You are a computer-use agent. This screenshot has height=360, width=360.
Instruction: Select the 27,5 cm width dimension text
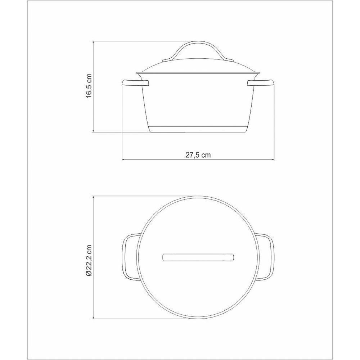tap(198, 155)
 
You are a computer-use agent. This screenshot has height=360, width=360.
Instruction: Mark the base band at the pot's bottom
tap(198, 129)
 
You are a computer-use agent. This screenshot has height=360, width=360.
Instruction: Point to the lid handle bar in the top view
tap(198, 258)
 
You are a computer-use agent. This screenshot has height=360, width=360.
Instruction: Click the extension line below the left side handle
tap(122, 122)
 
